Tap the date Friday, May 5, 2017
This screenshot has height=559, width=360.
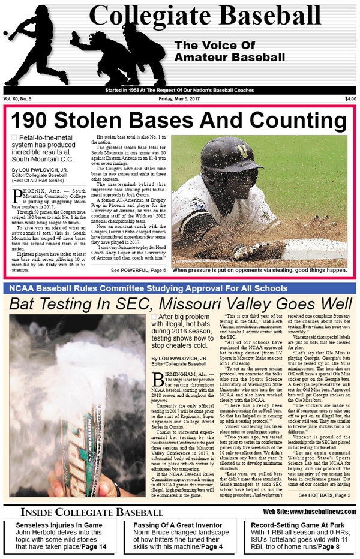179,99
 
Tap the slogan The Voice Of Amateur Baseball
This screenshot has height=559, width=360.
229,52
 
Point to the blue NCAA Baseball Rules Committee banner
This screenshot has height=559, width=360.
179,288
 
